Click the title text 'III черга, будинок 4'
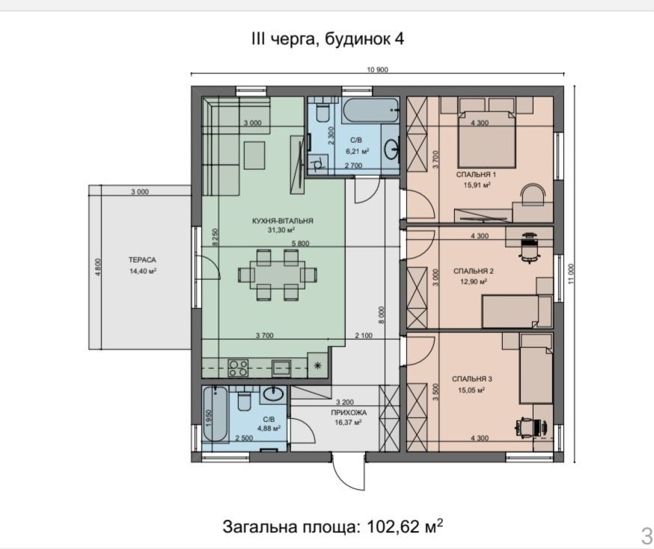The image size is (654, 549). [x=328, y=39]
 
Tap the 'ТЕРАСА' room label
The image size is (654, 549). [x=142, y=260]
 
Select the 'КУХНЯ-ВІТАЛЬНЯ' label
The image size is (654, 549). [x=282, y=221]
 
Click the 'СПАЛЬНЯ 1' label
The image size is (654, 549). [x=477, y=175]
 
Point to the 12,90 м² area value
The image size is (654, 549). [x=474, y=281]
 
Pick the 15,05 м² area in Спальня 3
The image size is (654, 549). [x=468, y=390]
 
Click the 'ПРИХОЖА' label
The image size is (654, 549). [x=349, y=413]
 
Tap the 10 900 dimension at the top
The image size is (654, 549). [x=377, y=70]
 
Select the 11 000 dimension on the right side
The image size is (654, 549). [x=571, y=274]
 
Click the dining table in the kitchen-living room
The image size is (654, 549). [x=278, y=274]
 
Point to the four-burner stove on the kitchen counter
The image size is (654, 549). [x=238, y=368]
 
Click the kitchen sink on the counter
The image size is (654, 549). [x=281, y=368]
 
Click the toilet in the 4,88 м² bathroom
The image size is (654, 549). [x=243, y=399]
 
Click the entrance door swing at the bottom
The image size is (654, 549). [x=349, y=472]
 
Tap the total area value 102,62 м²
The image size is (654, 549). [x=405, y=527]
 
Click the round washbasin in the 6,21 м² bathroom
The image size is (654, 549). [x=392, y=149]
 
